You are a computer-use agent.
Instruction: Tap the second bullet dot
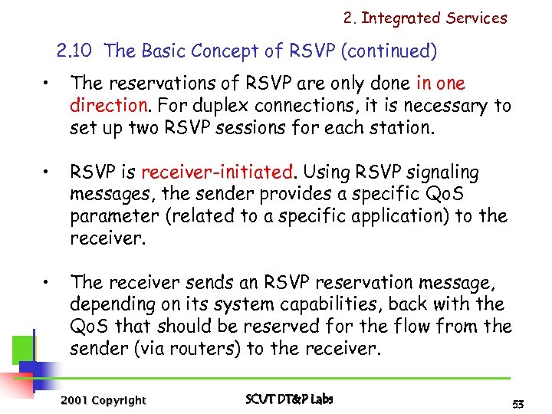pos(47,173)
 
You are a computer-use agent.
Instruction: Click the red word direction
pos(106,105)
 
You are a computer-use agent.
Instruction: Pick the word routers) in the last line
pos(222,349)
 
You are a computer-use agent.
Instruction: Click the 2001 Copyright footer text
pos(103,399)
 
